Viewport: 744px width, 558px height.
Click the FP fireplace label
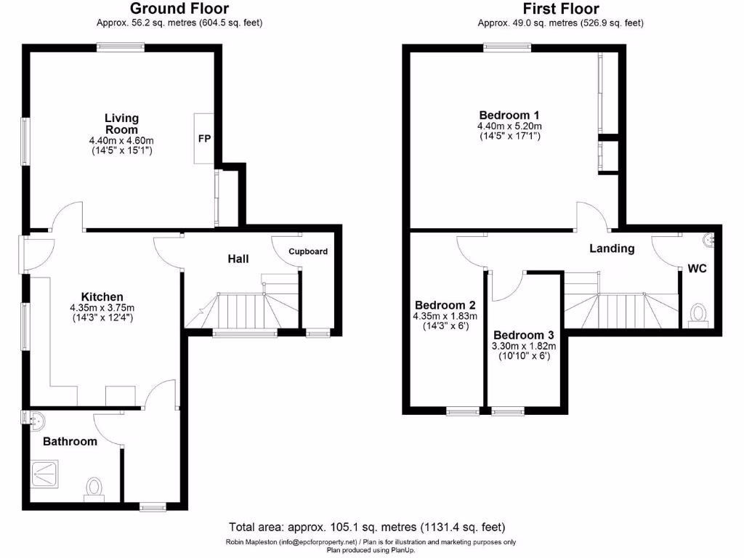click(x=204, y=138)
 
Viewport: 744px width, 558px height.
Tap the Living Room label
click(x=121, y=124)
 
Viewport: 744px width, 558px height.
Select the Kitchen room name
click(x=102, y=296)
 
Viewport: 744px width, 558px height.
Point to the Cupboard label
click(x=308, y=251)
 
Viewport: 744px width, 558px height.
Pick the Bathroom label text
click(x=70, y=441)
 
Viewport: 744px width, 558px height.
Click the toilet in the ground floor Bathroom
click(x=94, y=485)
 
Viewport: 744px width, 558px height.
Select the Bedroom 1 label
click(x=509, y=115)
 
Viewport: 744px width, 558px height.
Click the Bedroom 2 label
click(x=445, y=305)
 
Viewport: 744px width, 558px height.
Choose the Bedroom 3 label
click(x=524, y=335)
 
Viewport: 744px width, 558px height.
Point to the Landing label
click(x=612, y=248)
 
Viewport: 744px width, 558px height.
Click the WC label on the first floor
click(x=697, y=268)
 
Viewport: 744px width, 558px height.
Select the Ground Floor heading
click(x=179, y=9)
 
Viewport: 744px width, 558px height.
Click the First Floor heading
click(x=560, y=9)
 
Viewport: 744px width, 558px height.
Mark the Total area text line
click(x=367, y=527)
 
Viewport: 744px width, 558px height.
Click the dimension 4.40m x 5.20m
click(x=509, y=126)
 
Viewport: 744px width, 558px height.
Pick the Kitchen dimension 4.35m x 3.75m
click(x=102, y=307)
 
